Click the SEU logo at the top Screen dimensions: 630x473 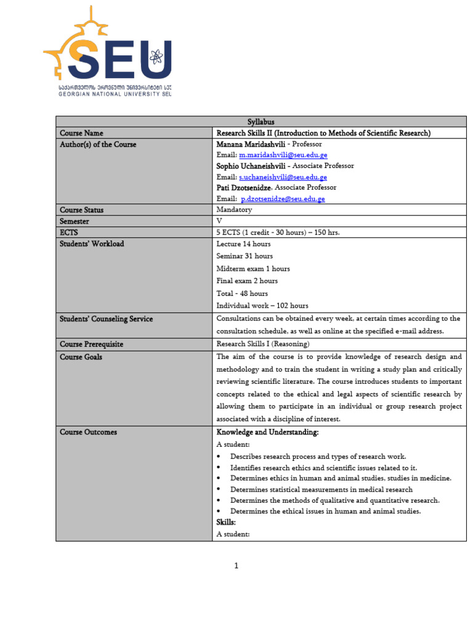tap(108, 52)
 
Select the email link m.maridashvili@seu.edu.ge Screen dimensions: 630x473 tap(283, 155)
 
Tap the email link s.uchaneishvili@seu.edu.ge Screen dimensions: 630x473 tap(283, 177)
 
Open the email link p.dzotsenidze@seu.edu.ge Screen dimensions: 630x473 tap(283, 199)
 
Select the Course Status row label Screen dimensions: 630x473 tap(81, 210)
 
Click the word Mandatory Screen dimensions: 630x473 tap(234, 210)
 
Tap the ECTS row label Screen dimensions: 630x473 tap(69, 232)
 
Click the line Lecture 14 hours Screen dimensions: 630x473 tap(243, 244)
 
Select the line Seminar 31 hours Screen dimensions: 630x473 tap(245, 256)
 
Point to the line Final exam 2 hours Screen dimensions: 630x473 tap(247, 281)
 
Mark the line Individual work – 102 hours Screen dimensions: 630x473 tap(262, 306)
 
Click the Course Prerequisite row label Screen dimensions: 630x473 tap(91, 345)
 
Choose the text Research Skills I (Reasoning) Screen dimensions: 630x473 tap(263, 345)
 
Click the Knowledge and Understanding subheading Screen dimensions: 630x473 tap(267, 433)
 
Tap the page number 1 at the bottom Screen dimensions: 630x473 tap(236, 566)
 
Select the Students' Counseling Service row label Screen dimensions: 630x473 tap(106, 319)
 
